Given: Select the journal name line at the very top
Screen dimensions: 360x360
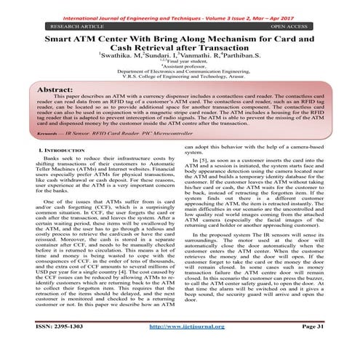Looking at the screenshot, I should coord(180,6).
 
